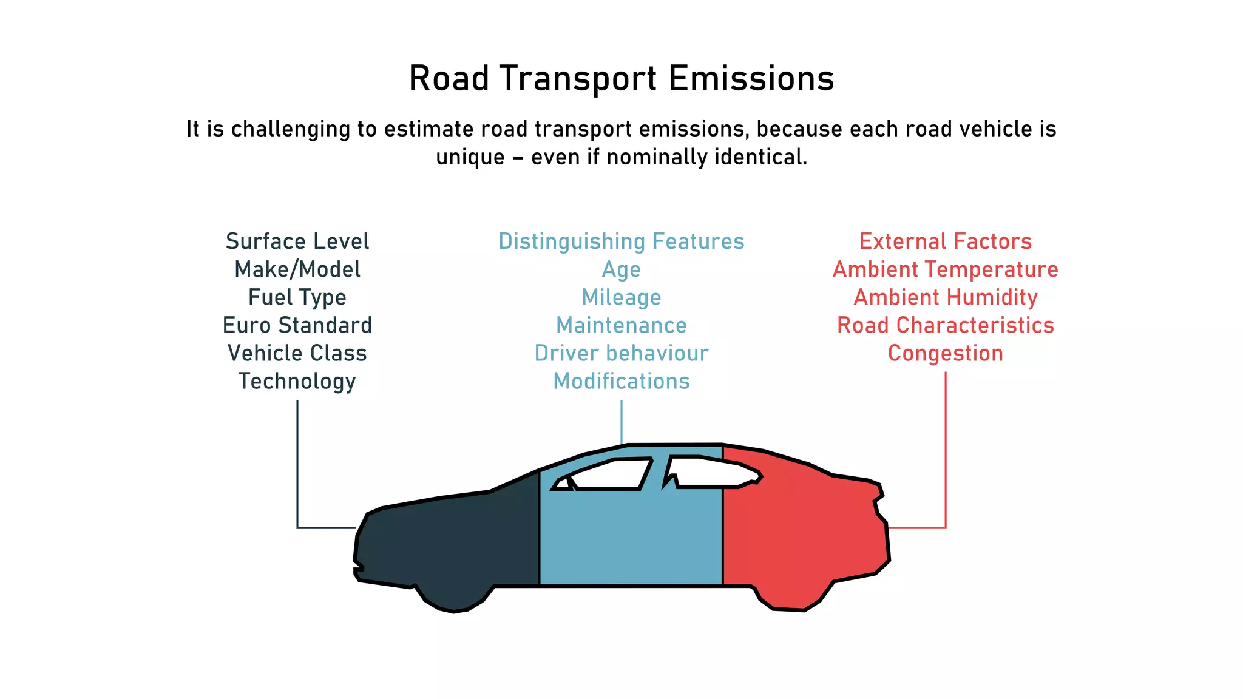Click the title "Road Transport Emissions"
click(x=621, y=79)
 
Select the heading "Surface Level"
click(x=297, y=241)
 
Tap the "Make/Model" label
click(x=297, y=269)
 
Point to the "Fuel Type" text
click(x=297, y=297)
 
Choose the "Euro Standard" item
click(x=297, y=325)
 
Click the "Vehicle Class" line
click(x=297, y=353)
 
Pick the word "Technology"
click(x=297, y=381)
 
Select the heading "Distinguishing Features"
click(x=621, y=241)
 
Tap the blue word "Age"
click(x=621, y=269)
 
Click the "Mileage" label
click(x=621, y=297)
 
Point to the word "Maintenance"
click(x=621, y=325)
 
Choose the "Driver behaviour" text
click(x=621, y=353)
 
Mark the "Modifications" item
click(x=621, y=381)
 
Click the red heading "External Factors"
click(x=946, y=241)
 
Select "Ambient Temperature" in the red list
click(x=946, y=269)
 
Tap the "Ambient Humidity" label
click(x=946, y=297)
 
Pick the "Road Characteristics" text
click(x=946, y=325)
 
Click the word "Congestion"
click(x=946, y=353)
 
